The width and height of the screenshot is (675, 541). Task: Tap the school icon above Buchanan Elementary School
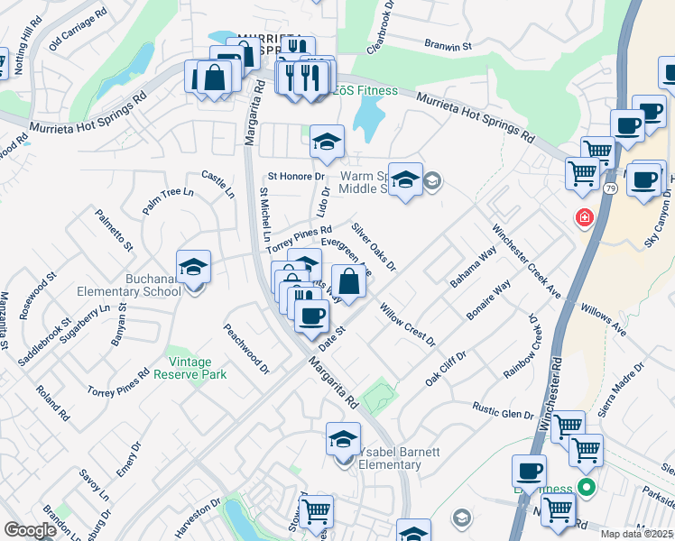[x=193, y=268]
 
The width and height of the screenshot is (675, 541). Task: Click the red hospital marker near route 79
[x=584, y=218]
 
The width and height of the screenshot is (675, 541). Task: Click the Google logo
[x=31, y=530]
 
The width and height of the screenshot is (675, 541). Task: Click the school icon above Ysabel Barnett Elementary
[x=343, y=440]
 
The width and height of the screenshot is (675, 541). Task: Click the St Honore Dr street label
[x=295, y=176]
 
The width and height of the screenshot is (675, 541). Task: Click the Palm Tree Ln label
[x=168, y=200]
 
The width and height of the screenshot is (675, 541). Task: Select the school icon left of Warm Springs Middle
[x=328, y=142]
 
